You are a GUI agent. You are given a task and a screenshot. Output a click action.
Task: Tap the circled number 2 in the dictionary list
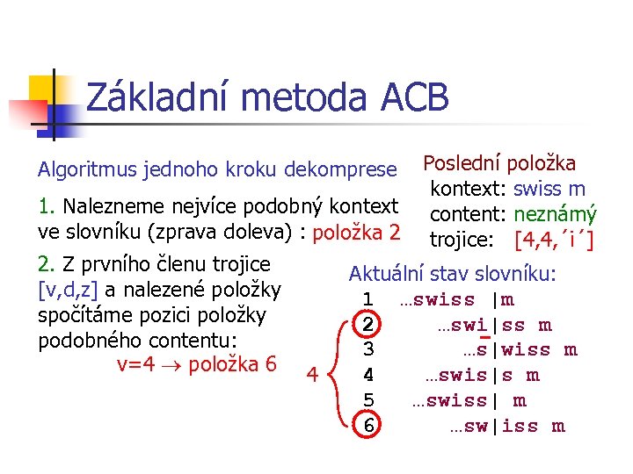pyautogui.click(x=369, y=326)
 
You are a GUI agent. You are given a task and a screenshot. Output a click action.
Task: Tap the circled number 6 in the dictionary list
pyautogui.click(x=369, y=427)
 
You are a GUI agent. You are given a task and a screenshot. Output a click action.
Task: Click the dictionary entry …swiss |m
pyautogui.click(x=457, y=300)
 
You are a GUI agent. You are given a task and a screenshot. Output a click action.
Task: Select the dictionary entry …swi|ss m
pyautogui.click(x=495, y=326)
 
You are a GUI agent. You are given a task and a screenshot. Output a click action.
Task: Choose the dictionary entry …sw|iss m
pyautogui.click(x=507, y=427)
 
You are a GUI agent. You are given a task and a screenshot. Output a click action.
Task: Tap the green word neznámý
pyautogui.click(x=556, y=214)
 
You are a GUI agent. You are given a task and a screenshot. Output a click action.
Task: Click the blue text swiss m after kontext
pyautogui.click(x=549, y=189)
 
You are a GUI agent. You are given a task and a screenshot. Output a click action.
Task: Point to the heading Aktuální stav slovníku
pyautogui.click(x=453, y=274)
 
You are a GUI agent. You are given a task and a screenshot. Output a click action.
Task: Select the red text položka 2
pyautogui.click(x=357, y=233)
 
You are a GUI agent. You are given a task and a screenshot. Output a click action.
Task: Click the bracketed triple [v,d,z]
pyautogui.click(x=68, y=290)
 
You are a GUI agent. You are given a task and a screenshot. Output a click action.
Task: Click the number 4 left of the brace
pyautogui.click(x=310, y=377)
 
